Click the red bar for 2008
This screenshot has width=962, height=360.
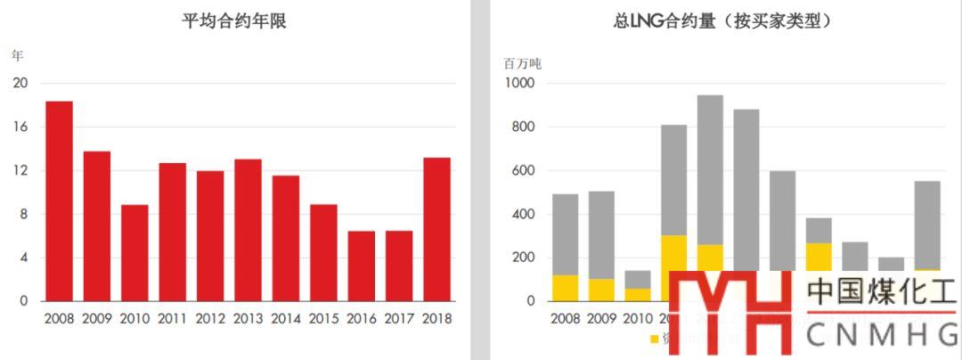tap(59, 201)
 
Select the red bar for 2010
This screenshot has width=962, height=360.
tap(135, 253)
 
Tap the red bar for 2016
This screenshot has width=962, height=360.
tap(361, 266)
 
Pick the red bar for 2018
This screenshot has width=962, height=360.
tap(436, 229)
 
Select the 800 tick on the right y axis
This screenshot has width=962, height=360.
tap(522, 127)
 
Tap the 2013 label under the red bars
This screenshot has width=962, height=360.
tap(248, 318)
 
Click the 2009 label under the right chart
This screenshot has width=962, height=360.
tap(601, 318)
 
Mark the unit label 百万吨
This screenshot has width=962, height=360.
tap(522, 64)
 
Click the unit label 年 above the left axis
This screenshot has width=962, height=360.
tap(17, 55)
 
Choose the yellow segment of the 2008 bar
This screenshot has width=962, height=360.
tap(565, 288)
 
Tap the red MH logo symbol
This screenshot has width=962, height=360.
tap(730, 312)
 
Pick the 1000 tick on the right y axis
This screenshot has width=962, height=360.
tap(519, 84)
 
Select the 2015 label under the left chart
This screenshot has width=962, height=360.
tap(323, 318)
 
